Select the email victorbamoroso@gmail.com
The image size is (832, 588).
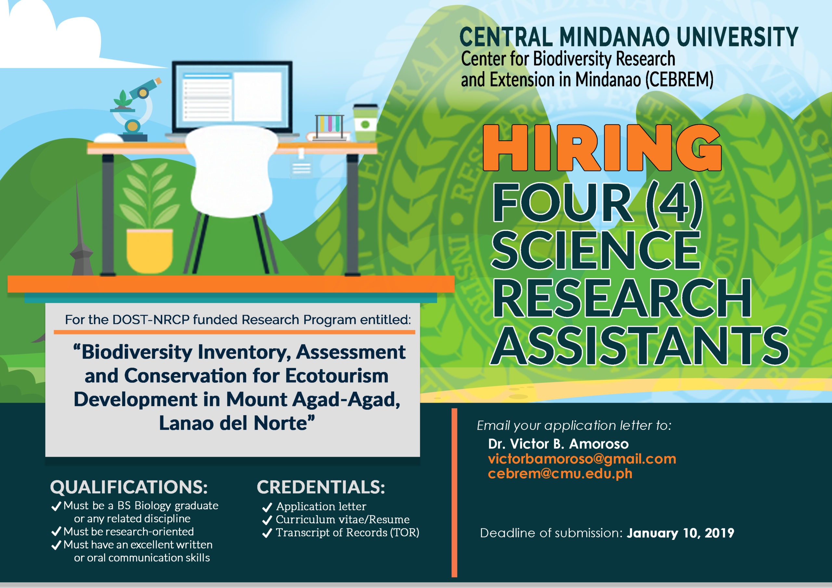tap(582, 459)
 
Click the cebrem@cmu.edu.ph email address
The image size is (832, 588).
tap(560, 474)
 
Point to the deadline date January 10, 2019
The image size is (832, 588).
tap(681, 533)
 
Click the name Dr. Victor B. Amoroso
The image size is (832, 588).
tap(558, 444)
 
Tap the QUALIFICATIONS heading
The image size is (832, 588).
tap(129, 487)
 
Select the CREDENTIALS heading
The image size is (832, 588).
tap(321, 487)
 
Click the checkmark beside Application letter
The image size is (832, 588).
tap(267, 507)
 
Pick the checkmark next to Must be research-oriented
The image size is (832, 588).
tap(56, 532)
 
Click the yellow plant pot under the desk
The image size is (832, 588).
tap(149, 251)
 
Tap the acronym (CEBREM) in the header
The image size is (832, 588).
tap(680, 80)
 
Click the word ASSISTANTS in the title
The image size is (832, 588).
tap(640, 345)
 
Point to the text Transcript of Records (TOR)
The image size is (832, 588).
tap(347, 533)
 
